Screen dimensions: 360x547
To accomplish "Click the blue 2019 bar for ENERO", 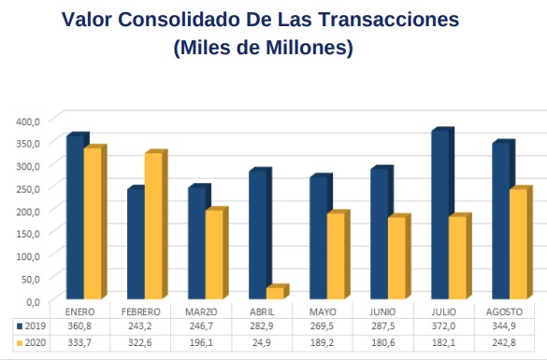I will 75,220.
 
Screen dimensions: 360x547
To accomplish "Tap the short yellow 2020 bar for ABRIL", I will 274,294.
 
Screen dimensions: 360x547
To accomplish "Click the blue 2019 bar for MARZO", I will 196,245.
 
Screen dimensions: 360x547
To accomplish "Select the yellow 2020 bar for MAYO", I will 335,258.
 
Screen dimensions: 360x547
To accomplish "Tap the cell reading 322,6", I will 141,343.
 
